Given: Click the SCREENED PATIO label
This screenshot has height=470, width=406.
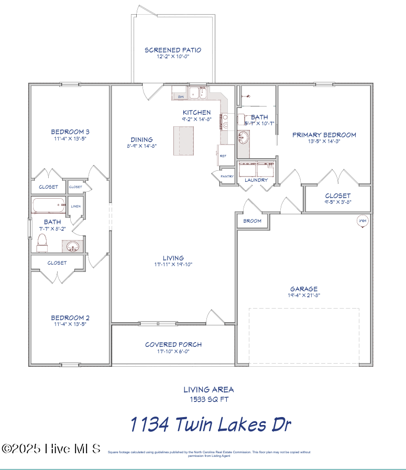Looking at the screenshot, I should [x=173, y=50].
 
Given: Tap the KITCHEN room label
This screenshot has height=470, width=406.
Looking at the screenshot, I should [x=196, y=113].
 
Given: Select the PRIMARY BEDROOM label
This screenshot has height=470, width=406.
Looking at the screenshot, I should [x=324, y=135].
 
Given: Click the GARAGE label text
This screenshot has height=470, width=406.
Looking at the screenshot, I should [x=304, y=289].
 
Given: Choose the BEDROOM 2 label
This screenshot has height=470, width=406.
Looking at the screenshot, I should [x=70, y=318].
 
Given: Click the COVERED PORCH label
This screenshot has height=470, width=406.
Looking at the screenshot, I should [x=173, y=345].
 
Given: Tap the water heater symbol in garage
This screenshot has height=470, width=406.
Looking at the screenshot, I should [x=362, y=221].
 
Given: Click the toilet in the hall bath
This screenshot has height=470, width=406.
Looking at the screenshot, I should [x=42, y=242].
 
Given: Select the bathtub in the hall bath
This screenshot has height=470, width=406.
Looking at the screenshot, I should [x=48, y=205].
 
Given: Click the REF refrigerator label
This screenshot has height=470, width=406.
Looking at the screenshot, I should [x=223, y=156].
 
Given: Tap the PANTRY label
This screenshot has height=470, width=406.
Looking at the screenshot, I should [x=227, y=177].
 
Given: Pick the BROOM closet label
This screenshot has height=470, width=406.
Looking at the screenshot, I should [x=253, y=221].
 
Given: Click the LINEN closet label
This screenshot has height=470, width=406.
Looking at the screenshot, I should [x=75, y=206].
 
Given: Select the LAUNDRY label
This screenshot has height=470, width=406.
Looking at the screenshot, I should [x=256, y=180].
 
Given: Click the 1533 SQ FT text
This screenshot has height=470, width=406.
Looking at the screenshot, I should [x=209, y=399].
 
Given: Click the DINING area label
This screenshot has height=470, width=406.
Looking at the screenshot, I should [x=141, y=139].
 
